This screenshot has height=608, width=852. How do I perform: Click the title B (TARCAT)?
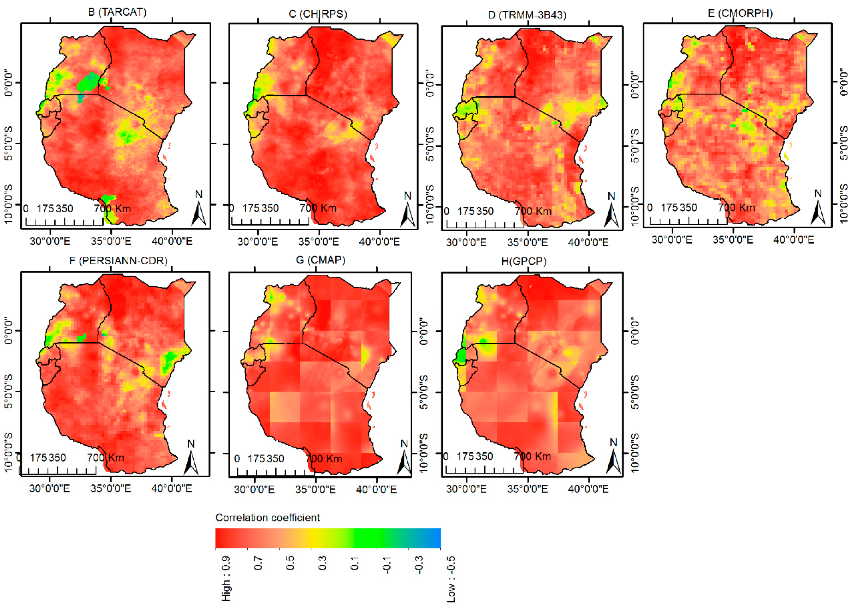117,12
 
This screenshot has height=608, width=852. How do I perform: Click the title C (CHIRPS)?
318,14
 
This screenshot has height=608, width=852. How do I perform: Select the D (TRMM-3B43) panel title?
527,15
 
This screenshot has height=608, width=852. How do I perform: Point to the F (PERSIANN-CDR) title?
118,261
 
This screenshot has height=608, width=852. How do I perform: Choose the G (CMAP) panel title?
320,260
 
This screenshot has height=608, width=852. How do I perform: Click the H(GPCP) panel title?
524,261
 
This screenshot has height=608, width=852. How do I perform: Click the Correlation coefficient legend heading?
267,517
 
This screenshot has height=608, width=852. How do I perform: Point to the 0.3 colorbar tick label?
322,563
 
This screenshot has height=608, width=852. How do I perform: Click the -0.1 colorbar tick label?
386,565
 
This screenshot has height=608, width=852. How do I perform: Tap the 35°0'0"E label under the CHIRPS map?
318,242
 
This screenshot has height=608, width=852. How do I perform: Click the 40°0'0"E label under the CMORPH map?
794,240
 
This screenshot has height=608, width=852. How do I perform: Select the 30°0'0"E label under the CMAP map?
254,489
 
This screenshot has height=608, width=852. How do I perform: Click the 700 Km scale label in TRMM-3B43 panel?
533,211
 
